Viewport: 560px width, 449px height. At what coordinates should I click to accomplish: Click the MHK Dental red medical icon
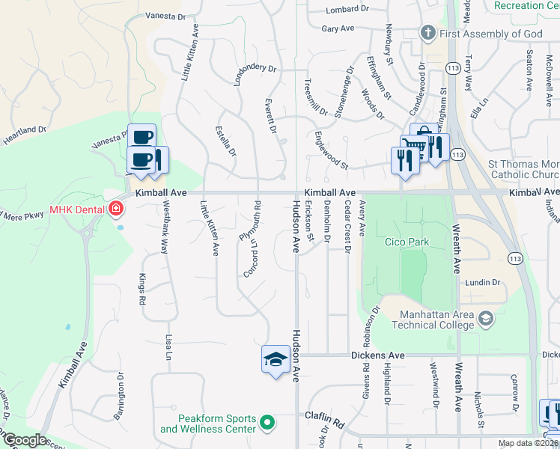pos(116,207)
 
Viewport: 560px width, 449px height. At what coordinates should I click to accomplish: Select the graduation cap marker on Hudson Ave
pos(275,358)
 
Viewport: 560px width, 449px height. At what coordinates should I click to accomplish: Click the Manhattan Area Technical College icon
pos(486,318)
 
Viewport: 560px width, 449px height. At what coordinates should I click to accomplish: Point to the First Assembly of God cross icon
pos(427,33)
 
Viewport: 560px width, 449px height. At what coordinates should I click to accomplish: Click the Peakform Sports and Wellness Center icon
pos(268,424)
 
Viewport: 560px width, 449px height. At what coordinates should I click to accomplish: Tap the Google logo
pos(24,440)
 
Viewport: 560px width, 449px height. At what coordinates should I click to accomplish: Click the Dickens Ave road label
pos(377,355)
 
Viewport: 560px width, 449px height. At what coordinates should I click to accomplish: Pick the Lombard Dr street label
pos(349,9)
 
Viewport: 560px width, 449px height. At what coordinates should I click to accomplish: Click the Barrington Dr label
pos(121,390)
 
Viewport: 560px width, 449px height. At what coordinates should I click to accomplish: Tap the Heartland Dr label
pos(24,135)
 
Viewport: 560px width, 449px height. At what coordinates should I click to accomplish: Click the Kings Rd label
pos(141,288)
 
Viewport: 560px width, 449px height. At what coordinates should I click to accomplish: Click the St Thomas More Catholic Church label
pos(523,169)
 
